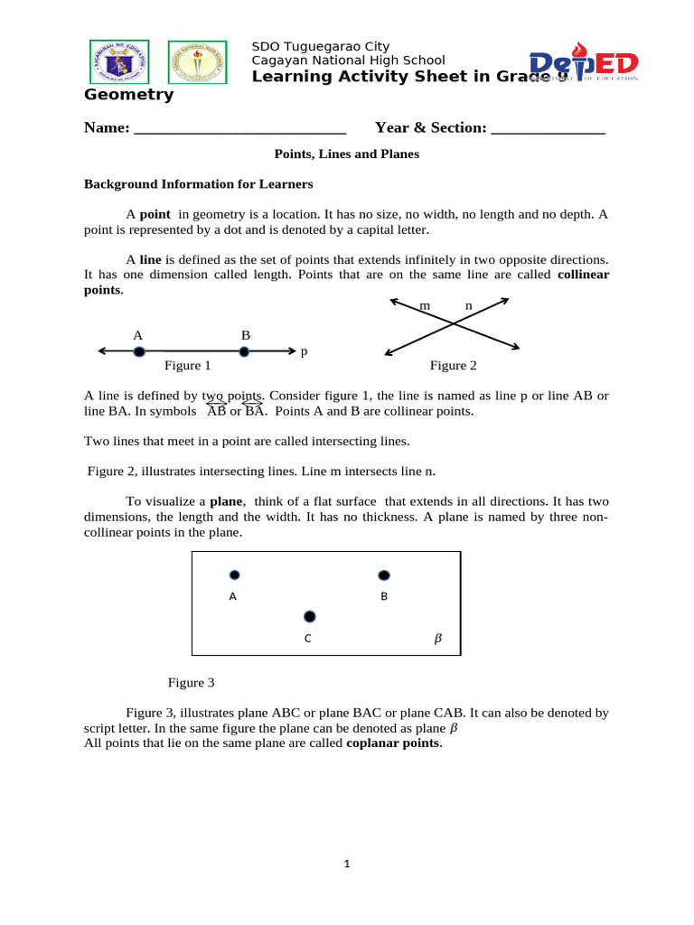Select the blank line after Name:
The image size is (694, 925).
coord(239,128)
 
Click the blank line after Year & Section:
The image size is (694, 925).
coord(548,128)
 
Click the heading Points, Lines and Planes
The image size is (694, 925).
coord(347,154)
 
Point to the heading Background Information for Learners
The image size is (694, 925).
coord(199,184)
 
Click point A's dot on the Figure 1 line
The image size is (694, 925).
coord(138,351)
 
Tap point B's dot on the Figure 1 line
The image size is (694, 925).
coord(244,351)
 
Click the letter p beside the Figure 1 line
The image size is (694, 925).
coord(304,350)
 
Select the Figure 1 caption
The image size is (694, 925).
coord(187,366)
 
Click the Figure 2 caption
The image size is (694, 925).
coord(453,366)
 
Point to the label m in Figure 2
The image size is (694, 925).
coord(425,306)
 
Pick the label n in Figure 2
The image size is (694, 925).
coord(468,306)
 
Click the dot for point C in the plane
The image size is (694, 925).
coord(310,616)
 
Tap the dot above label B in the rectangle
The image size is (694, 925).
coord(384,575)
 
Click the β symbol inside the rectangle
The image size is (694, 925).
coord(438,639)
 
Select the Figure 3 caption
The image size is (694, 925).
coord(192,683)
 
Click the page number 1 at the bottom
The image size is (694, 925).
coord(346,864)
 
